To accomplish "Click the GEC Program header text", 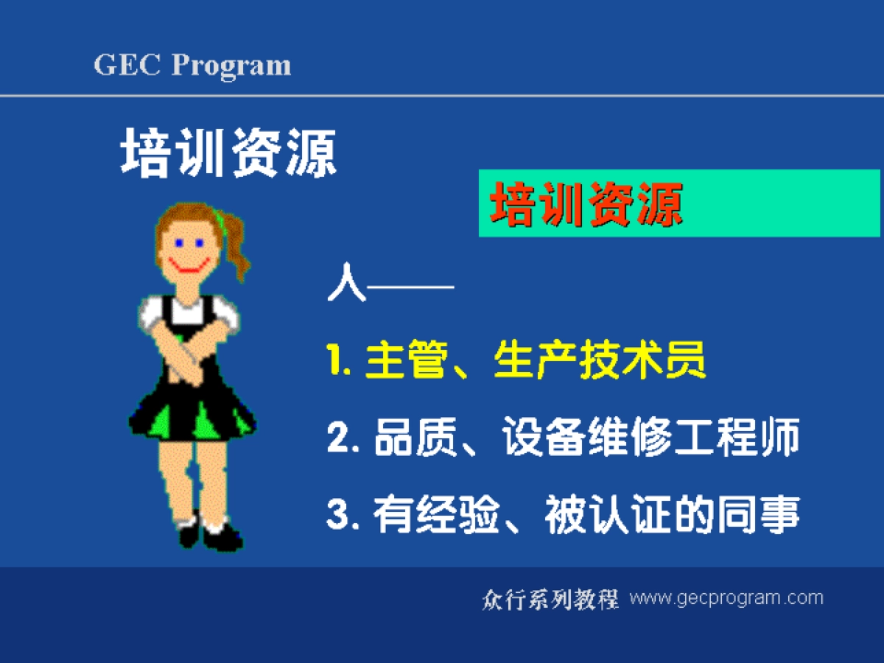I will (x=192, y=66).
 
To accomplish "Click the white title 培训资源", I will (x=228, y=152).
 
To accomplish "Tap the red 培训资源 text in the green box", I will (x=586, y=204).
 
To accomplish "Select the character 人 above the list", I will (x=346, y=284).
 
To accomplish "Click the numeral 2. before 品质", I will (x=341, y=441).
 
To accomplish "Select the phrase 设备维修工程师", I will (x=651, y=440).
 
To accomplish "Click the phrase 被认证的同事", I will (x=672, y=516).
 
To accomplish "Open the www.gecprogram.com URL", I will (x=726, y=597).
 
